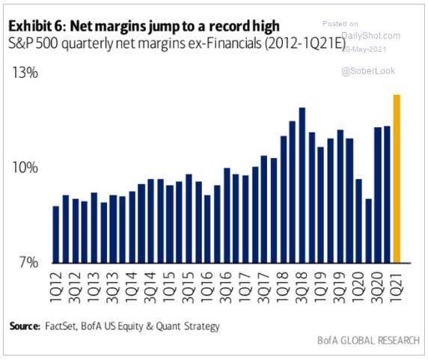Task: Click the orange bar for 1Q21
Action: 397,179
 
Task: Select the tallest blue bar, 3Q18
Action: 302,186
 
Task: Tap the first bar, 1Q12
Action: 56,234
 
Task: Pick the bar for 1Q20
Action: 358,221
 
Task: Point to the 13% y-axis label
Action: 25,73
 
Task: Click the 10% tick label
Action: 25,167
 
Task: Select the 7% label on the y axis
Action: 28,262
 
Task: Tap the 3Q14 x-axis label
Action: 150,287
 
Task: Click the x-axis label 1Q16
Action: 207,287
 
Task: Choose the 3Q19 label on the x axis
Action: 339,287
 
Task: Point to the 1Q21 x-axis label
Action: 397,287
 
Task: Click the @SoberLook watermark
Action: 368,71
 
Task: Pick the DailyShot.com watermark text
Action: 370,36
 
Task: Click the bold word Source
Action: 25,326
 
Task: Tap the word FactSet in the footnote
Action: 61,326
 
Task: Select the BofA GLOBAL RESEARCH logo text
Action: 368,341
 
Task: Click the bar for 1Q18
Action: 284,200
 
